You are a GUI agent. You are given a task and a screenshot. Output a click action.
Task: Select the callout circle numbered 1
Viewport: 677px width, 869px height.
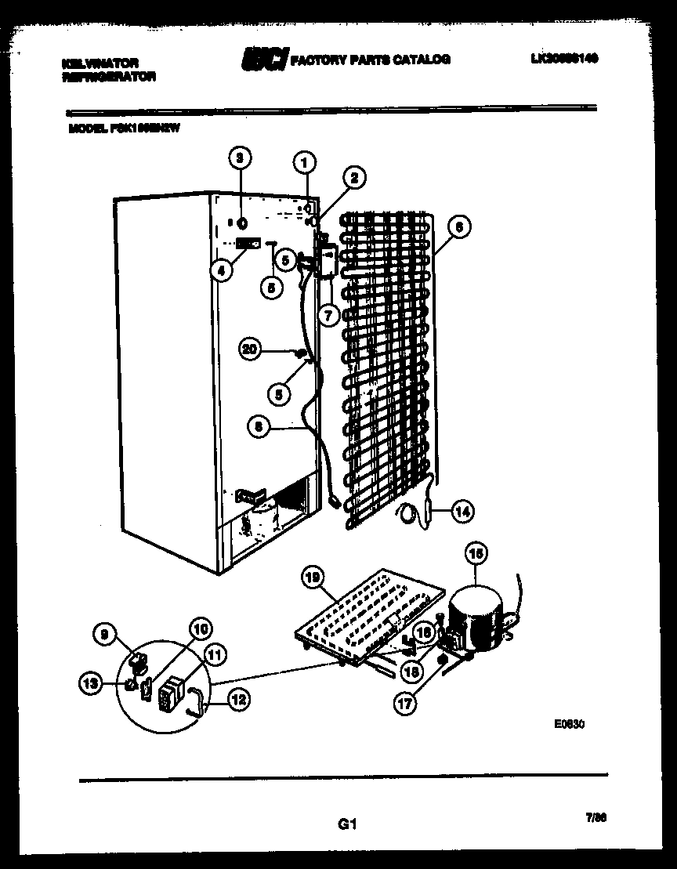pos(305,163)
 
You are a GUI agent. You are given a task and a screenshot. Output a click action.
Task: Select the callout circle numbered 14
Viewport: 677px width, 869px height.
pos(462,512)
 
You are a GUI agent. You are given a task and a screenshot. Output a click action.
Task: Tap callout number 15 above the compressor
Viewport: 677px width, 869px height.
pos(475,555)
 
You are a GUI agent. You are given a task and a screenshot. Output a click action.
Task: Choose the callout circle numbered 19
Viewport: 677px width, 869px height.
pos(313,578)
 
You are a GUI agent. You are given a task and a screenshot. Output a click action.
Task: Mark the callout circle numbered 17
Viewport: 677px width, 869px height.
pos(405,704)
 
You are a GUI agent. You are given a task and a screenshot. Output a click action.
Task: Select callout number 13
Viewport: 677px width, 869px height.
pos(92,684)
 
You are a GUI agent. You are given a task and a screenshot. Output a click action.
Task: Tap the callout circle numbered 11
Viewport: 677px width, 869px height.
pos(213,653)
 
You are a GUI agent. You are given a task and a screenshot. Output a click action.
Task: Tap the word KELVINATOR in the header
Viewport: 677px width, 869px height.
pos(100,62)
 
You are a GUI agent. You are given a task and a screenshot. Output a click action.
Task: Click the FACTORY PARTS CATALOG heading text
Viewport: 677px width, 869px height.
pos(370,60)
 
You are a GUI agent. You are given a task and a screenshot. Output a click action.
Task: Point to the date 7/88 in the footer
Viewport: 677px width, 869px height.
pos(596,817)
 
